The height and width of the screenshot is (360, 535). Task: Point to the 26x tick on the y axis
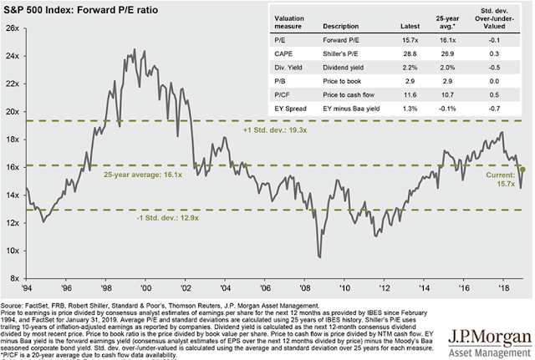[11, 28]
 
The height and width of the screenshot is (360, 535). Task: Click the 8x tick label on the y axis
[13, 278]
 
